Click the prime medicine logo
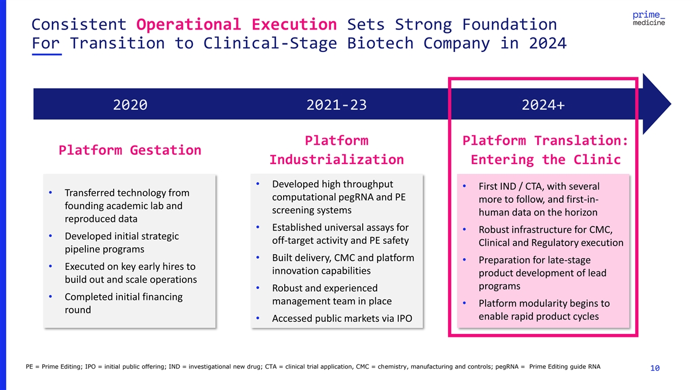pos(649,18)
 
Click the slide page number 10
pos(655,368)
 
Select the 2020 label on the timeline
pos(131,105)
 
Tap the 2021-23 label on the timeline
pos(337,105)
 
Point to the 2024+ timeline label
pos(543,105)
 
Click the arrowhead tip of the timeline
pos(670,104)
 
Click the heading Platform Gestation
pos(130,150)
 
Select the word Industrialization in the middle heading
pos(337,160)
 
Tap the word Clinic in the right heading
pos(597,160)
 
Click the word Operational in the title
pos(189,24)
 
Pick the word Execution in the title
pos(294,24)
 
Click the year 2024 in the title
pos(547,43)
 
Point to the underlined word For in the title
pos(46,43)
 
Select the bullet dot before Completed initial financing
pos(50,296)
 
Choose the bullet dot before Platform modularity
pos(464,303)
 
